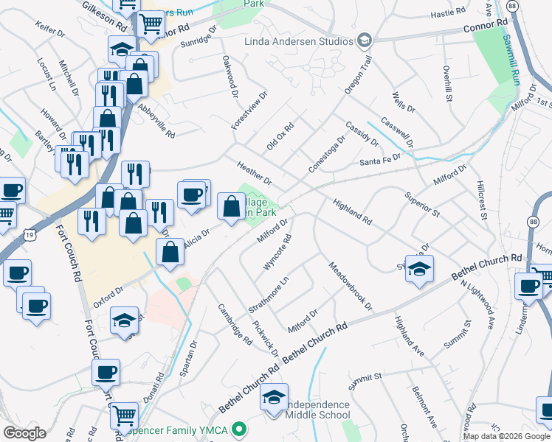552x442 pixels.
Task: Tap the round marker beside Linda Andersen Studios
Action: click(364, 40)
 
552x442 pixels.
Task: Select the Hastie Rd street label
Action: click(449, 12)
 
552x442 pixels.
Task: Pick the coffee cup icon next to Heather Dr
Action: click(191, 195)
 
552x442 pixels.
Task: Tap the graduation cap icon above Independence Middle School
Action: click(274, 398)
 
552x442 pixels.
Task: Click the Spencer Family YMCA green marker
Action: click(238, 428)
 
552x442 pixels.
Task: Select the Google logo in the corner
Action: click(24, 432)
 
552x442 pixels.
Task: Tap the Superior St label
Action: click(422, 204)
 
